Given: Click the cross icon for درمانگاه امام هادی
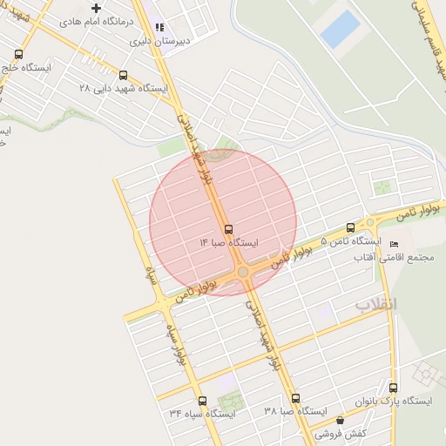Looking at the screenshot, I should point(97,8).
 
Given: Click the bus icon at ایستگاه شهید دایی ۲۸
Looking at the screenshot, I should point(123,75).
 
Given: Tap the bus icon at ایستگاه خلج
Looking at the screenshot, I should point(4,67).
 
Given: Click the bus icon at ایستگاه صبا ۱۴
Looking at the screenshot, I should point(228,229).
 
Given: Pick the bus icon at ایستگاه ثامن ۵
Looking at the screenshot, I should point(350,226).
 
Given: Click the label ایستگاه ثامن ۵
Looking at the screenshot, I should point(351,240).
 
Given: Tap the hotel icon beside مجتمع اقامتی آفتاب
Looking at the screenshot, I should point(394,243).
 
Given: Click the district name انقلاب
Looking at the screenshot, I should point(375,304).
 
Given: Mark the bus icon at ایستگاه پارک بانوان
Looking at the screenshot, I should point(393,388).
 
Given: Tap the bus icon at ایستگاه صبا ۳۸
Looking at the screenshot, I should point(295,397).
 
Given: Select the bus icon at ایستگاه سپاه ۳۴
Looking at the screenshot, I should point(202,401).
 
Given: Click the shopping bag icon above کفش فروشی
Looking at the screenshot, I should point(340,420).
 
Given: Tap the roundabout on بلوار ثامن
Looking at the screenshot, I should point(243,273).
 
